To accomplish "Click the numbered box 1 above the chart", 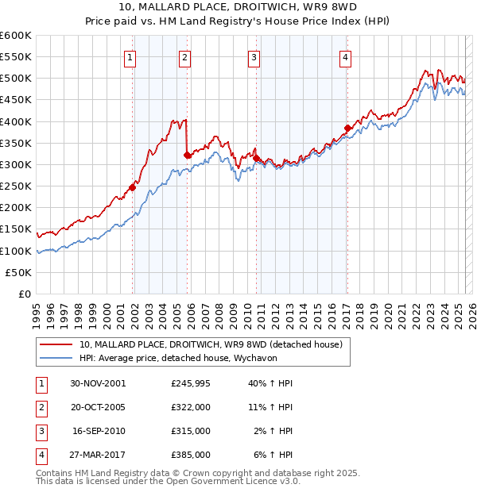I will tap(130, 56).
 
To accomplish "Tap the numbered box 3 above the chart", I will tap(254, 56).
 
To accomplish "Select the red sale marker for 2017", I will tap(347, 128).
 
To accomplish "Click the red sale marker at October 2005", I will tap(188, 155).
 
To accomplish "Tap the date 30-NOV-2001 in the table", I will tap(99, 383).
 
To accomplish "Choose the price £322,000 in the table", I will tap(191, 407).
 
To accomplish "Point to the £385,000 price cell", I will tap(191, 455).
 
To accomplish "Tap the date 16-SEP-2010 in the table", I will tap(99, 431).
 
